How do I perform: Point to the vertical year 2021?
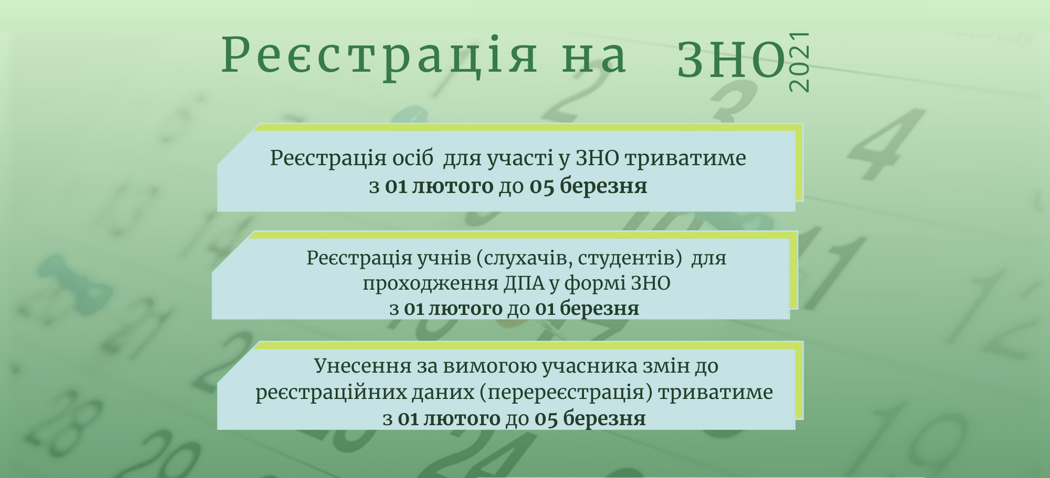[x=799, y=62]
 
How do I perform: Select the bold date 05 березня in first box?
[x=588, y=186]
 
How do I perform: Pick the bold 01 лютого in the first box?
[x=439, y=186]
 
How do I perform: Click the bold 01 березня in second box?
[x=587, y=308]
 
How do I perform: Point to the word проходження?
[x=430, y=284]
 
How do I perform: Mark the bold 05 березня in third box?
[x=590, y=419]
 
